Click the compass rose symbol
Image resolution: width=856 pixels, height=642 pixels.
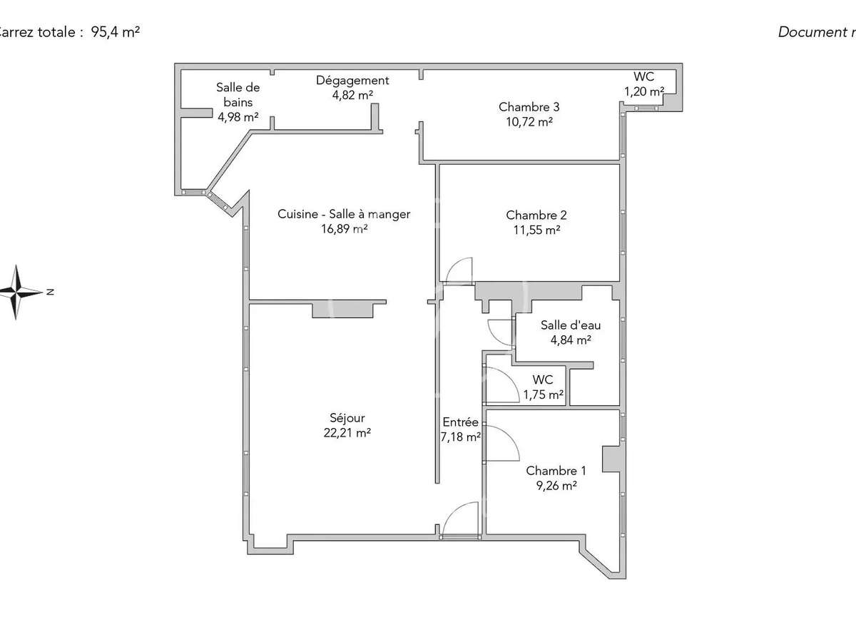[19, 292]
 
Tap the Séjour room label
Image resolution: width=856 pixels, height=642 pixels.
[347, 418]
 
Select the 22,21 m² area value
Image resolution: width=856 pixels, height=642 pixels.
[347, 432]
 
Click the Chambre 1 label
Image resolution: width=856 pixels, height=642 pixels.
[556, 471]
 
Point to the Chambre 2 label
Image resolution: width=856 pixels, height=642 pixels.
[536, 215]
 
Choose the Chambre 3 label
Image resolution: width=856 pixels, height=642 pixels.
[529, 107]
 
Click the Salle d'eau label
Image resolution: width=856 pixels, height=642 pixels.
[565, 325]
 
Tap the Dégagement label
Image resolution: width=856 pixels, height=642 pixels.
[352, 81]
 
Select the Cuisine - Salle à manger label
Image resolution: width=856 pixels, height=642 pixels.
[344, 214]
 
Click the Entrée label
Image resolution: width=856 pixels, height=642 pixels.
[460, 422]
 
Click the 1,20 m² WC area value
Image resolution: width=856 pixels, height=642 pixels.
[643, 91]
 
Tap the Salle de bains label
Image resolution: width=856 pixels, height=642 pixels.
[238, 95]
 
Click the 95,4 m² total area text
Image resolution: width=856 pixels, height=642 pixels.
[115, 32]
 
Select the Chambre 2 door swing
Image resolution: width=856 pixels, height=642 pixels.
[459, 270]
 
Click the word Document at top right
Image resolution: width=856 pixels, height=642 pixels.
[810, 32]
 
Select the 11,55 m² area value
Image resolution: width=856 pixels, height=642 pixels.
[536, 230]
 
